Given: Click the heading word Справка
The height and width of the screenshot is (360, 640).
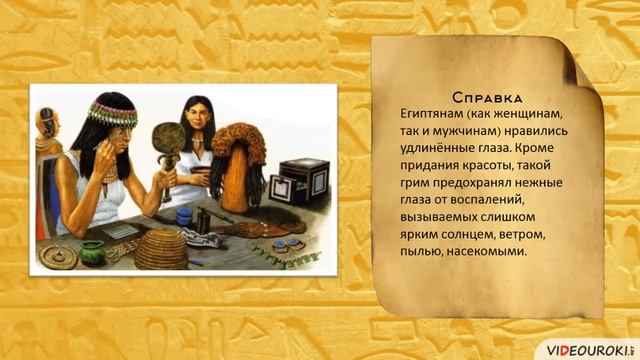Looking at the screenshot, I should pos(488,97).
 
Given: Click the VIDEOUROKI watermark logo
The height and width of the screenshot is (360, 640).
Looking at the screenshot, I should pos(589,344).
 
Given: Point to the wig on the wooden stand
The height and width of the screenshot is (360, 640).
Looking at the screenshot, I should pos(240,160).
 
